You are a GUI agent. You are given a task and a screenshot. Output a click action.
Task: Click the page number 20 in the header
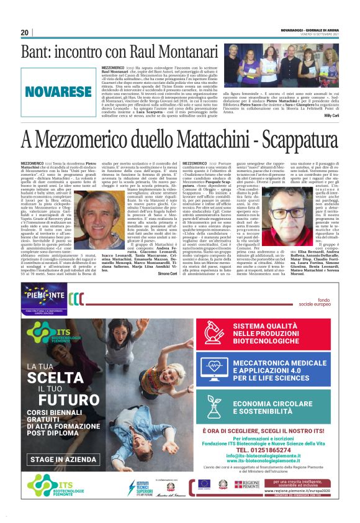click(24, 32)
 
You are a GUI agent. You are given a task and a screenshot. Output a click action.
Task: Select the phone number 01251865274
click(268, 449)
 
